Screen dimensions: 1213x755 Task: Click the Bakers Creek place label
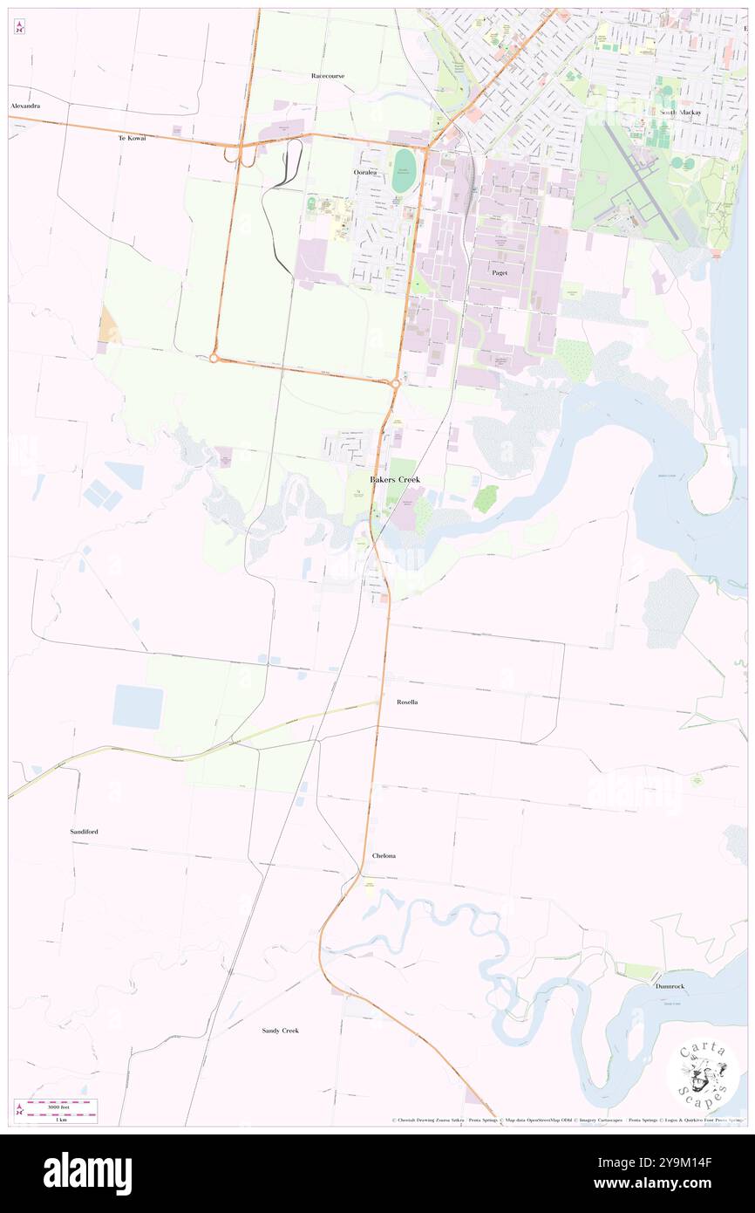tap(394, 480)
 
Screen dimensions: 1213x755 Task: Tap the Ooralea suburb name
tap(365, 173)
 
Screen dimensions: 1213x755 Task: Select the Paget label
tap(499, 272)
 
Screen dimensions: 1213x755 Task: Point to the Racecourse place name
tap(328, 76)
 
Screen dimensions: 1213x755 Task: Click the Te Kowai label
tap(133, 138)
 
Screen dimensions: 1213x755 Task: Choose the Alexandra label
tap(25, 106)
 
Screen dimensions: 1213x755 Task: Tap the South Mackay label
tap(680, 113)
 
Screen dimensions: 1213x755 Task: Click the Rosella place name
tap(406, 702)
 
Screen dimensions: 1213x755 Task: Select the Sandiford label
tap(84, 832)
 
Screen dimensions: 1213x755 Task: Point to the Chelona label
tap(384, 856)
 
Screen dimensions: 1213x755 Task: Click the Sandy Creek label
tap(281, 1031)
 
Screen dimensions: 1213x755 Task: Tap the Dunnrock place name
tap(670, 985)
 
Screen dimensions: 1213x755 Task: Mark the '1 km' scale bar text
tap(60, 1120)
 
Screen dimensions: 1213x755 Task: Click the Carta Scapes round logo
tap(703, 1074)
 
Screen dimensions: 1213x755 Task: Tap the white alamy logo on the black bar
tap(87, 1173)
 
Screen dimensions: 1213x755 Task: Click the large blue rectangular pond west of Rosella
tap(138, 707)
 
